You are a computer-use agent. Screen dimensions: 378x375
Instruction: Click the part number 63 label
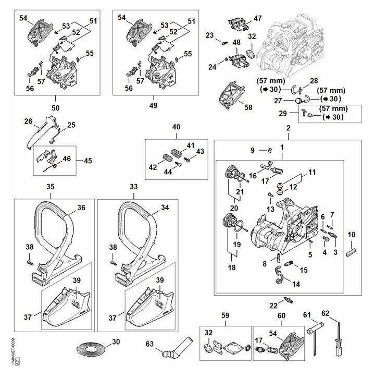[149, 344]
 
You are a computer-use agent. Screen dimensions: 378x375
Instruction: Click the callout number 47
[257, 19]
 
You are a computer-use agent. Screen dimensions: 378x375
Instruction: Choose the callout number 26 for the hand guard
[28, 121]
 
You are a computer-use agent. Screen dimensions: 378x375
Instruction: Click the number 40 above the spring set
[177, 127]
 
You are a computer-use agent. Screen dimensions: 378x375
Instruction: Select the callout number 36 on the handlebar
[81, 208]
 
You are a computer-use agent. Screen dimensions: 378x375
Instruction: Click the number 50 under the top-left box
[55, 107]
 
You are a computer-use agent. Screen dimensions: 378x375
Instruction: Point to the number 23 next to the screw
[209, 35]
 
